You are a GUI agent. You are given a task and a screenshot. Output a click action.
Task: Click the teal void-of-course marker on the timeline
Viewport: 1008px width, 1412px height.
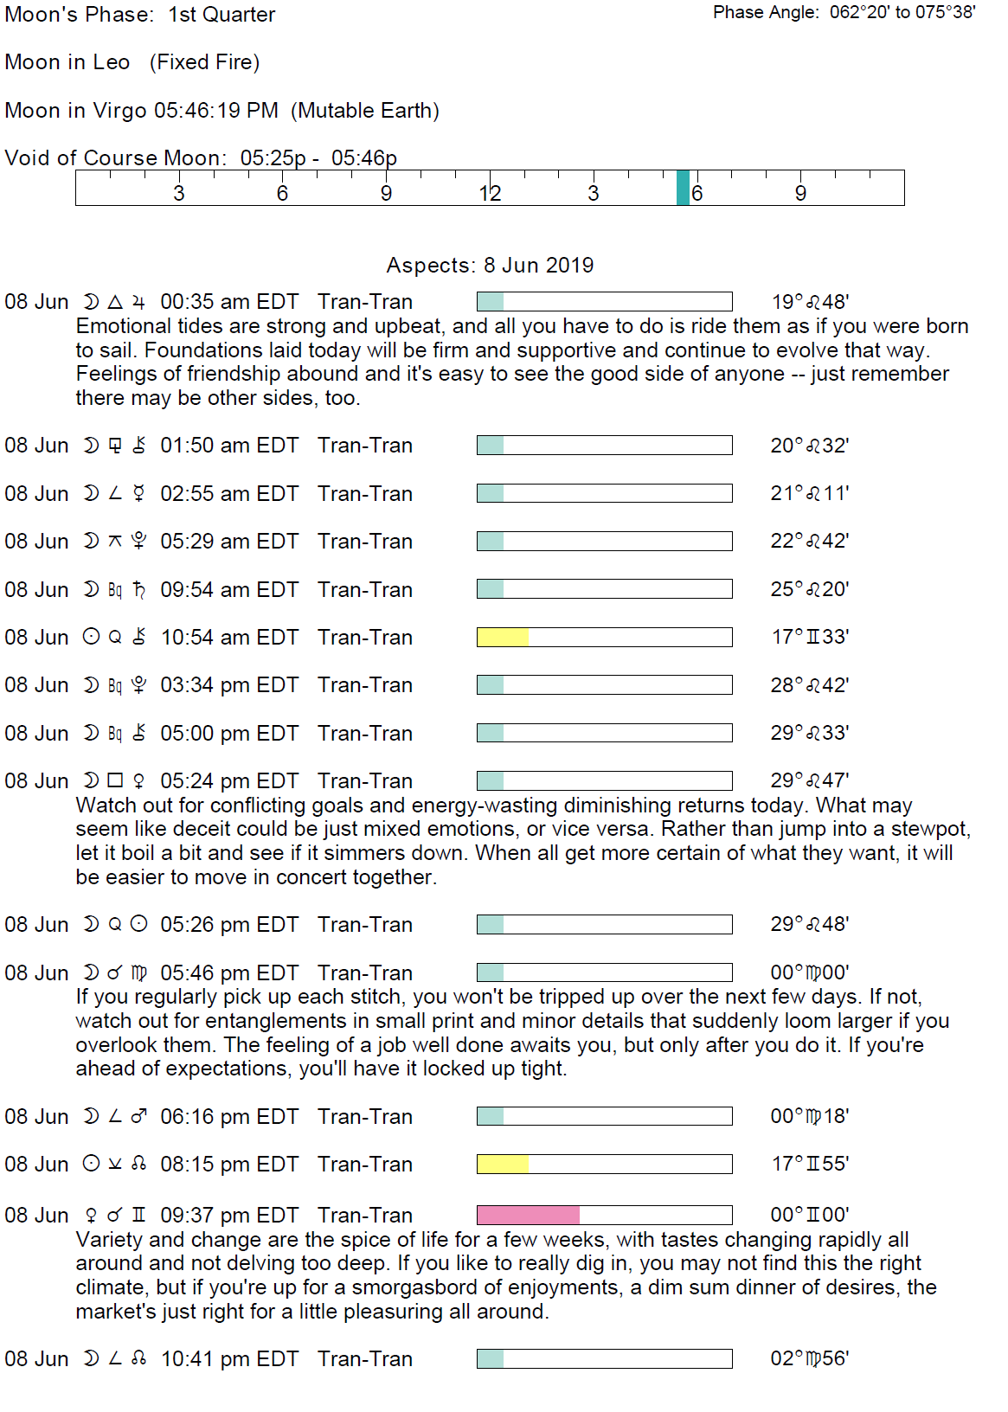pos(683,188)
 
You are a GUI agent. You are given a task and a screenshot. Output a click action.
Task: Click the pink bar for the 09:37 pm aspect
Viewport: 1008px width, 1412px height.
pos(528,1215)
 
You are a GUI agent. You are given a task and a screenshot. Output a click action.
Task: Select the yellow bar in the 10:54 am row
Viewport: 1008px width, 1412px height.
pos(503,638)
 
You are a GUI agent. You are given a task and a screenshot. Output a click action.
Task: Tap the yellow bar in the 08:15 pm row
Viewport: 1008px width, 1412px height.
pos(503,1164)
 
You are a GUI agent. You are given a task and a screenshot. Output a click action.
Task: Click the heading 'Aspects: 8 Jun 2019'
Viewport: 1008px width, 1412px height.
pos(490,265)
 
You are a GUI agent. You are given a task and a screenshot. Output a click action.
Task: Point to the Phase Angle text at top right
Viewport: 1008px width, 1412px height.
pos(844,12)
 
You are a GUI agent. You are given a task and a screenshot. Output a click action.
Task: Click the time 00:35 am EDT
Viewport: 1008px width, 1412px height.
pos(229,302)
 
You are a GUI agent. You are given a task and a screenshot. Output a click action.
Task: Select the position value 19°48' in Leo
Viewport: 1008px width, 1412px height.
pos(810,302)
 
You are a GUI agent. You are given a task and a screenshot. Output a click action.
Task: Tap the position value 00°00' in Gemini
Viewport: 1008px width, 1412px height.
pos(810,1215)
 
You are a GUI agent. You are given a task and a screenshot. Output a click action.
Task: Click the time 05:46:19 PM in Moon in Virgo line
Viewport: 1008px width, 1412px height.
pos(215,111)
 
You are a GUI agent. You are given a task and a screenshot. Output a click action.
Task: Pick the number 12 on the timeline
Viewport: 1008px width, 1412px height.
pos(490,194)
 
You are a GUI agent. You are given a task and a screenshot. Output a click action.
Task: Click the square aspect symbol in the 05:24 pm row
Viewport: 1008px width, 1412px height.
pos(115,780)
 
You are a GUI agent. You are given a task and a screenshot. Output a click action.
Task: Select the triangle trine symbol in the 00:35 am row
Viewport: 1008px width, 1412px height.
pos(115,302)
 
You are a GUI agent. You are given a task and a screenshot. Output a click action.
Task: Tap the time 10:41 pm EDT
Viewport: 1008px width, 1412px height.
pos(229,1358)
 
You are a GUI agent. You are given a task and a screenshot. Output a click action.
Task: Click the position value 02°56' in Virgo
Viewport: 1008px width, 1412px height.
pos(810,1358)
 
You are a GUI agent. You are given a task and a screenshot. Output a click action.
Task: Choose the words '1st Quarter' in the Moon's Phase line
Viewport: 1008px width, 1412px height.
pos(222,15)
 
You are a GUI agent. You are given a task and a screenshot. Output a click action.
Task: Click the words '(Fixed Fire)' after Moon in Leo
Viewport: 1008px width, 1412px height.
pos(204,62)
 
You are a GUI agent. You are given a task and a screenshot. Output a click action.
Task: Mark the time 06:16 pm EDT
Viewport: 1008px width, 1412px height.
pos(229,1116)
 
